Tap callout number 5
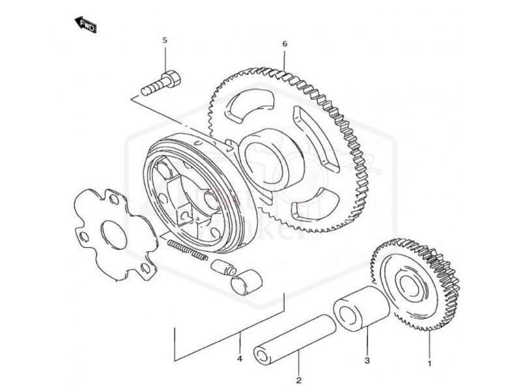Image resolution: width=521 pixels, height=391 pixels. [x=165, y=40]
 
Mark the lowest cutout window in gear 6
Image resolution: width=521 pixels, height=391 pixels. [x=311, y=212]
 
